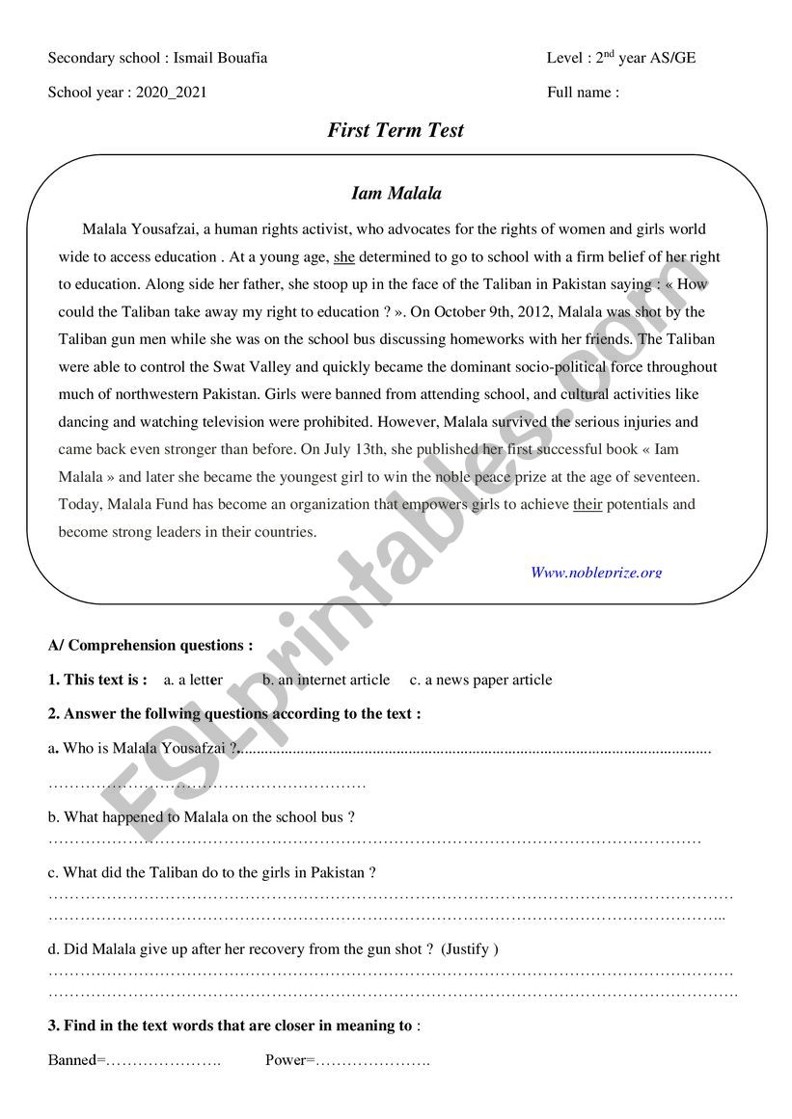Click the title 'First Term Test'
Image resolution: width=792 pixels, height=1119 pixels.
(x=396, y=130)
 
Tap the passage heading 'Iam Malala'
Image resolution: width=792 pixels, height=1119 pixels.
(x=396, y=194)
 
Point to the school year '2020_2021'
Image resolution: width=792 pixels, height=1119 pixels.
(x=171, y=93)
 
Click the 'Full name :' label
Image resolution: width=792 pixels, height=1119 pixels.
(x=583, y=93)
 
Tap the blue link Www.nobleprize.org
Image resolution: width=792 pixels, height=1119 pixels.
(x=596, y=572)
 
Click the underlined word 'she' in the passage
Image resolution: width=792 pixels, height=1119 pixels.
(x=344, y=257)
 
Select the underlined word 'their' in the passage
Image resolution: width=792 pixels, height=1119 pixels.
(x=587, y=504)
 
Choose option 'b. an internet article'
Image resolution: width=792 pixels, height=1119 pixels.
(x=327, y=680)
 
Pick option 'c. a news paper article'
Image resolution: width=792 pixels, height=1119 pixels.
(x=480, y=680)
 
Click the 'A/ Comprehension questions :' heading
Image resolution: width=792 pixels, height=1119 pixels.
(x=150, y=646)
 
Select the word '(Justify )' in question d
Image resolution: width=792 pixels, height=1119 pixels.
(x=470, y=949)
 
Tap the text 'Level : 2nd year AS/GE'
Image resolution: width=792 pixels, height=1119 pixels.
(x=620, y=58)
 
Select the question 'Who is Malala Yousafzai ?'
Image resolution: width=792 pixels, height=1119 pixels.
(x=144, y=748)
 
